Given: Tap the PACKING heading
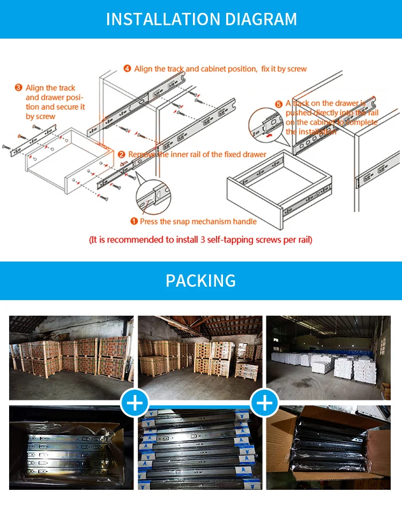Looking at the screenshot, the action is click(x=200, y=280).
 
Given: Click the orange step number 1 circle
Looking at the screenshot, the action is click(x=134, y=221).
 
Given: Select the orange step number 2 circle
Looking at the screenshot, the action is click(x=122, y=154).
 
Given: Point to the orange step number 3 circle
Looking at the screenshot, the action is click(x=18, y=87).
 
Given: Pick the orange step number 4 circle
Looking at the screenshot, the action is click(x=127, y=69).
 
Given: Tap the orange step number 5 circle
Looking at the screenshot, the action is click(x=279, y=103).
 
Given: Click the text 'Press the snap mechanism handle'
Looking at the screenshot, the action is click(x=198, y=221).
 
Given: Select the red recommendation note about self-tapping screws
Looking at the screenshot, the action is click(x=200, y=240).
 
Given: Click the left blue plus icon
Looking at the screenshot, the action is click(x=135, y=403).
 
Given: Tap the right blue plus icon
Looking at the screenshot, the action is click(x=265, y=403).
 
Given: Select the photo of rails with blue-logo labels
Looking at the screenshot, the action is click(x=200, y=448).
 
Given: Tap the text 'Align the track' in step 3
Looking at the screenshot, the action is click(x=50, y=88).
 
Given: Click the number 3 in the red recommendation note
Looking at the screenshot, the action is click(x=203, y=240).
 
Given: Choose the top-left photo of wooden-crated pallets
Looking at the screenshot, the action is click(x=71, y=357).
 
